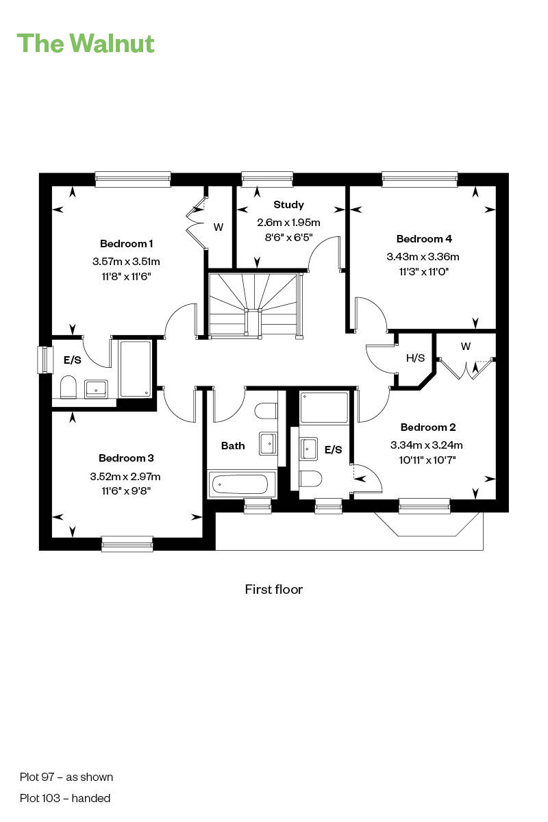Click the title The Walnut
click(x=86, y=43)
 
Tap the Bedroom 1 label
click(x=126, y=244)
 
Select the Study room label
click(x=288, y=205)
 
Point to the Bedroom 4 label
click(x=424, y=239)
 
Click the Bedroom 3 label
click(x=126, y=458)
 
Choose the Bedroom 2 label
click(x=428, y=427)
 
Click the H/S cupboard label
click(x=415, y=358)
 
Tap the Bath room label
click(x=233, y=446)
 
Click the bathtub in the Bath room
click(x=241, y=485)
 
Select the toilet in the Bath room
click(x=266, y=411)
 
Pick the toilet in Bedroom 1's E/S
click(x=68, y=388)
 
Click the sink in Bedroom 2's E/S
click(x=309, y=449)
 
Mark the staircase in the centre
click(x=255, y=305)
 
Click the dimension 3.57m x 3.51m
click(x=126, y=261)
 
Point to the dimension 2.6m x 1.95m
click(x=288, y=223)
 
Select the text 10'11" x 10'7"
click(x=427, y=460)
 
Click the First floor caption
click(x=273, y=589)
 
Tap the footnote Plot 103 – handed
click(x=65, y=798)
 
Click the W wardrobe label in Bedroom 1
click(x=219, y=227)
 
